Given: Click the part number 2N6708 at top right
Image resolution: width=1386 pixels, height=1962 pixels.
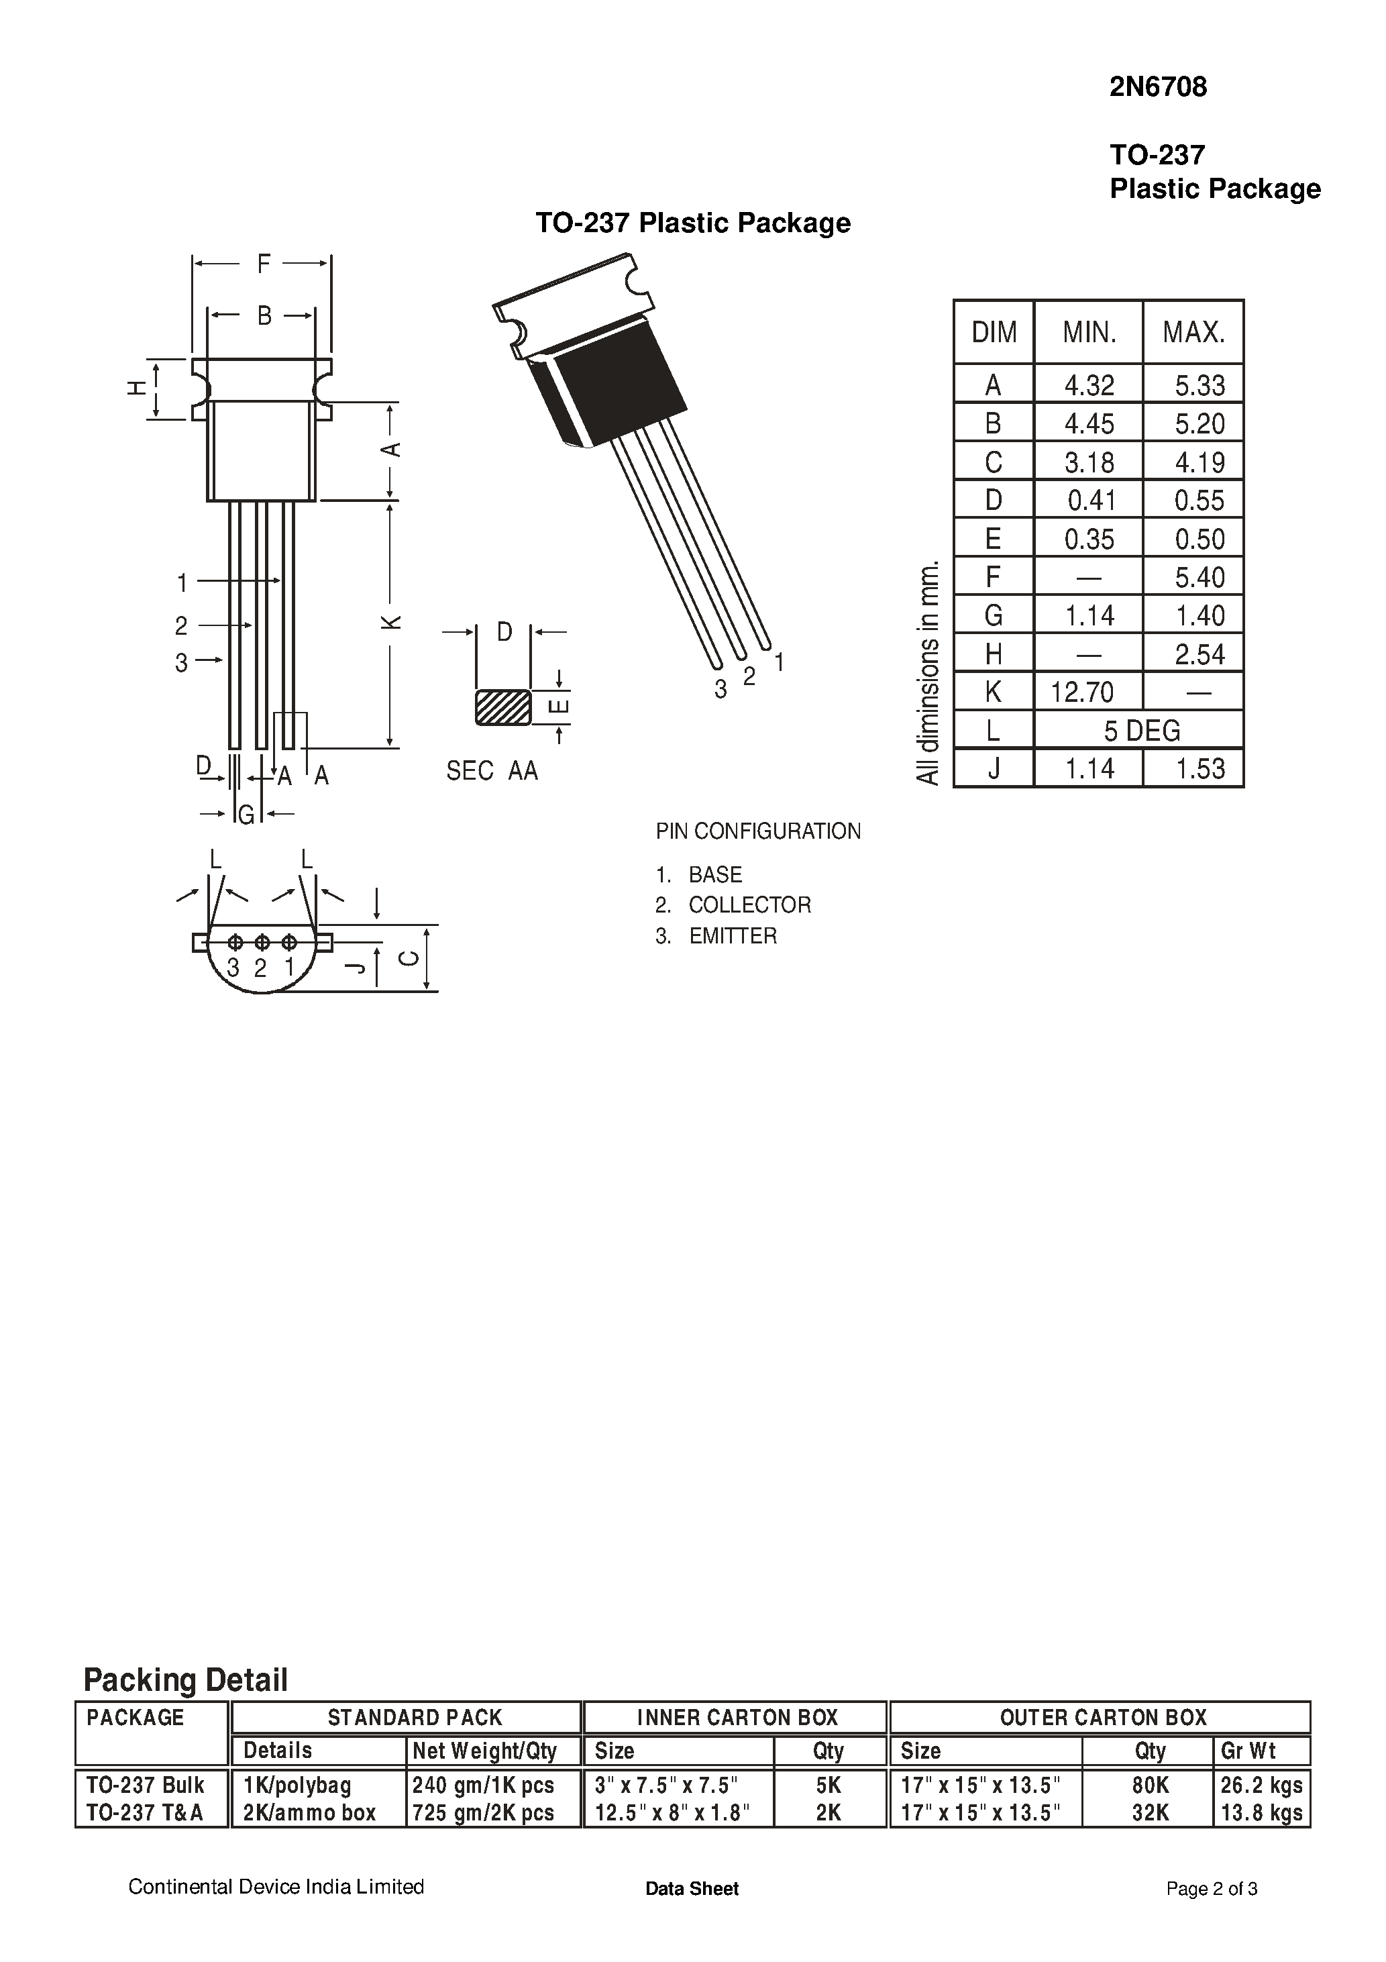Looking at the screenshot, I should point(1157,87).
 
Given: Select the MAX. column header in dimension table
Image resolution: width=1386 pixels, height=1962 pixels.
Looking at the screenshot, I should point(1193,331).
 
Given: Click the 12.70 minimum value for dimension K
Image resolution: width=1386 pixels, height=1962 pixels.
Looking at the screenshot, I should point(1082,691).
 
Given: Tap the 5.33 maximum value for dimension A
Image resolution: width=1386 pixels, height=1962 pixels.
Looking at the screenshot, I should point(1199,385).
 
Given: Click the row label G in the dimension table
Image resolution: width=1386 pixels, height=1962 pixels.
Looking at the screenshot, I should point(993,615).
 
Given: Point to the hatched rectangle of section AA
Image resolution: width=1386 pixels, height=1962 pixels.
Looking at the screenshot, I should point(502,707).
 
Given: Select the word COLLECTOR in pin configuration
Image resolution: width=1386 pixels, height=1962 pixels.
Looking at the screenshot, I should point(749,905).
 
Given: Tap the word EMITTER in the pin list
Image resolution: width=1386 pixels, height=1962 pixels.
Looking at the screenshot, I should point(733,936).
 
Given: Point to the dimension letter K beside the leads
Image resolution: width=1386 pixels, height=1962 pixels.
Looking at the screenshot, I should point(391,621).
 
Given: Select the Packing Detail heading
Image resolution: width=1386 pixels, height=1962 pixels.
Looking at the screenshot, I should point(185,1680).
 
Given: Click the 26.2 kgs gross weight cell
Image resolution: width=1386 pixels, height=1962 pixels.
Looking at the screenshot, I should point(1261,1785).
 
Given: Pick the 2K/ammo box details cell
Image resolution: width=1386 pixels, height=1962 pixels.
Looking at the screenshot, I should point(309,1812).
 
